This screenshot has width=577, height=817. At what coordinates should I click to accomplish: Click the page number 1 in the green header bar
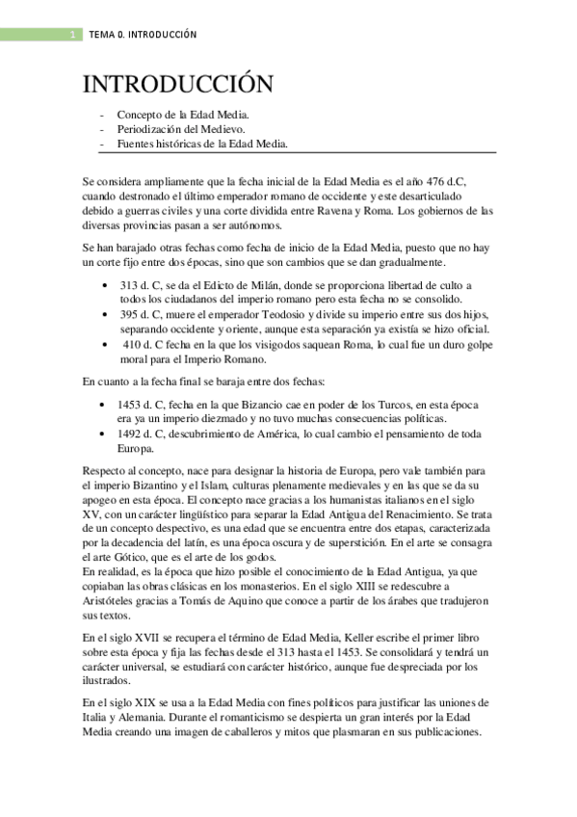point(73,35)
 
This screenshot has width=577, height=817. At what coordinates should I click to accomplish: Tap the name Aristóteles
point(114,600)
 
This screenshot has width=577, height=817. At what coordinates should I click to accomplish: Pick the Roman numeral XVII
point(143,638)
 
